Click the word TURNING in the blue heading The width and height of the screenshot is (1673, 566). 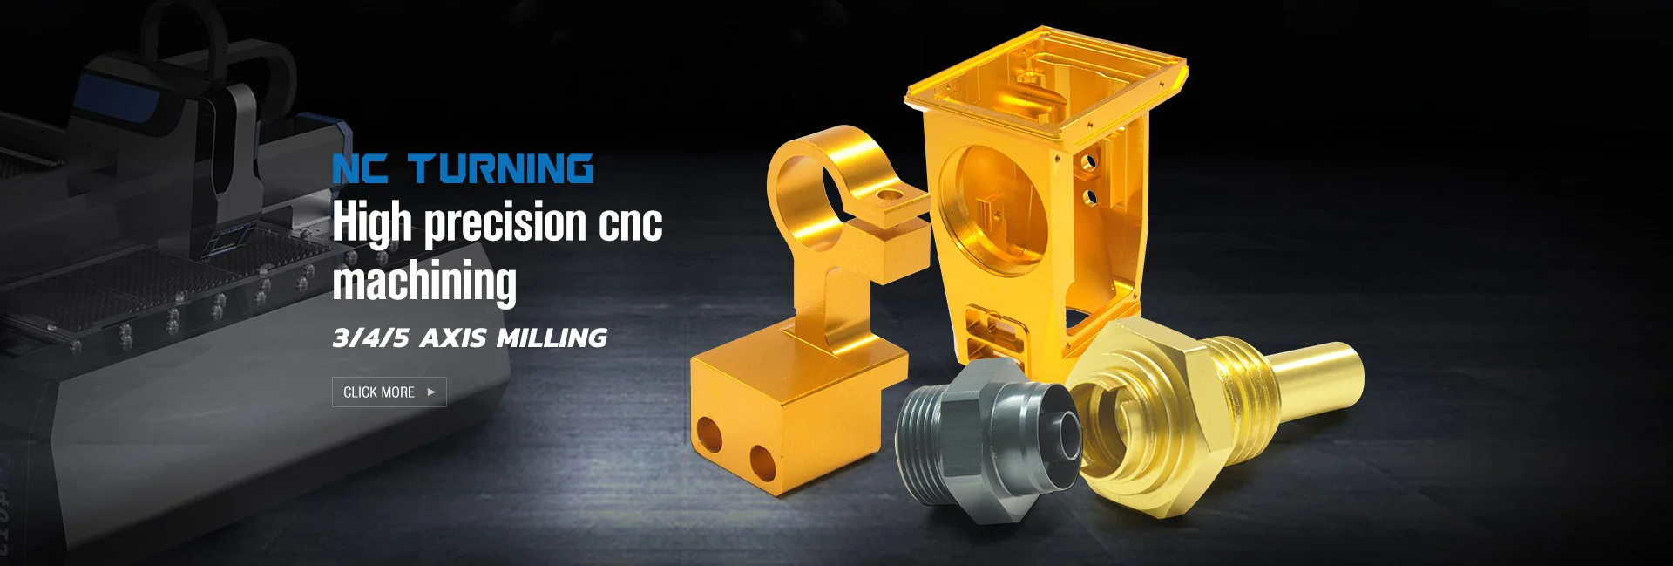point(500,169)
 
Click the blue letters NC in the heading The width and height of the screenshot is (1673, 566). point(360,169)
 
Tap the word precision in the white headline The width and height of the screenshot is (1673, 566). point(505,223)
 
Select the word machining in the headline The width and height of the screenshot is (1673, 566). point(424,282)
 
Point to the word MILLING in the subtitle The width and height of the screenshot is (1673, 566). point(552,338)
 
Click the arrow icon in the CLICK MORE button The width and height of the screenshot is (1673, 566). point(431,392)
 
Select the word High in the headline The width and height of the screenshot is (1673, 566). point(372,223)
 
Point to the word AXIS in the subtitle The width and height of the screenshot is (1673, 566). point(452,338)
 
